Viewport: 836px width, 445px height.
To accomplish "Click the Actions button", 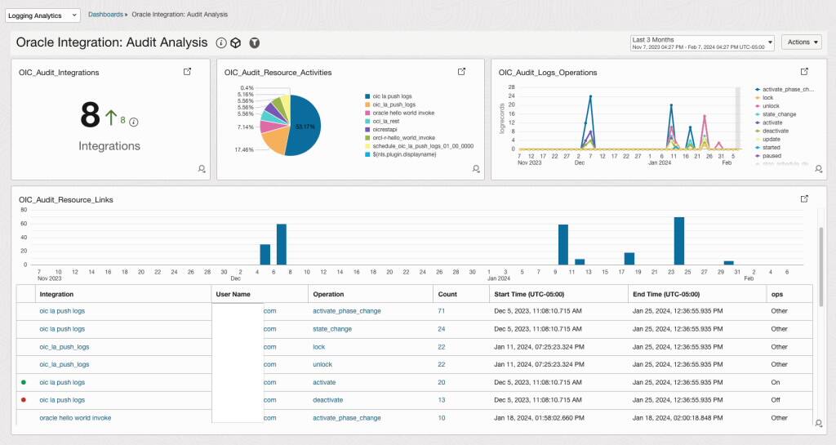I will pos(801,42).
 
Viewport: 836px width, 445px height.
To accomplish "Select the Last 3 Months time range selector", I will pos(702,42).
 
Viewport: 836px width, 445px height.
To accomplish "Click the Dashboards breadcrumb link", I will pos(105,15).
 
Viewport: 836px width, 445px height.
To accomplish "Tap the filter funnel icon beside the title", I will pos(255,42).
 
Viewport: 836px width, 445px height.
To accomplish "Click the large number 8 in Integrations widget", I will pos(90,117).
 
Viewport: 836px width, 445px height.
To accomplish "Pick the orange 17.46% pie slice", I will pos(273,140).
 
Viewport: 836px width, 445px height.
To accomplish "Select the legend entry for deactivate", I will pos(776,131).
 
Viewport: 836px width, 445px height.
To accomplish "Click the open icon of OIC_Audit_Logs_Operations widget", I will pos(804,72).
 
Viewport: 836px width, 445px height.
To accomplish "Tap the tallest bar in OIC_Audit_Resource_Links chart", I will pos(678,241).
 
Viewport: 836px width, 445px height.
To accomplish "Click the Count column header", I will pos(447,294).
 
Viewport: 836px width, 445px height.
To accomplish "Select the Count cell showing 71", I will pos(442,311).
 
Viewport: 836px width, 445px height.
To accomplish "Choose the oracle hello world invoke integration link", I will pos(75,418).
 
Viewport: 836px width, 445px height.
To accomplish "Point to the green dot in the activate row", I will pos(23,382).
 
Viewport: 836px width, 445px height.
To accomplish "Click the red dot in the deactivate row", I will pos(23,400).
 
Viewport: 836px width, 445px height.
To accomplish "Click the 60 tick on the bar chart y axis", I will pos(24,224).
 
